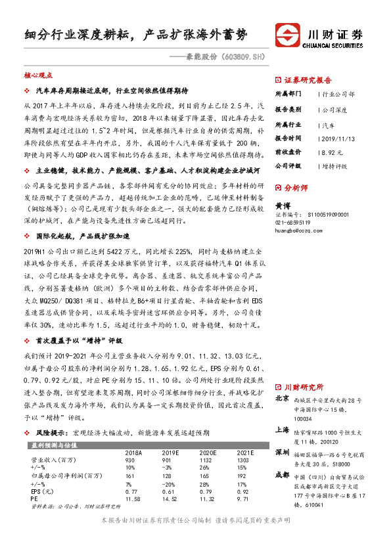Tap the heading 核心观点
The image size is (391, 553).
[37, 76]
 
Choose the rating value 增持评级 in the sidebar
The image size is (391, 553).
[336, 166]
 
